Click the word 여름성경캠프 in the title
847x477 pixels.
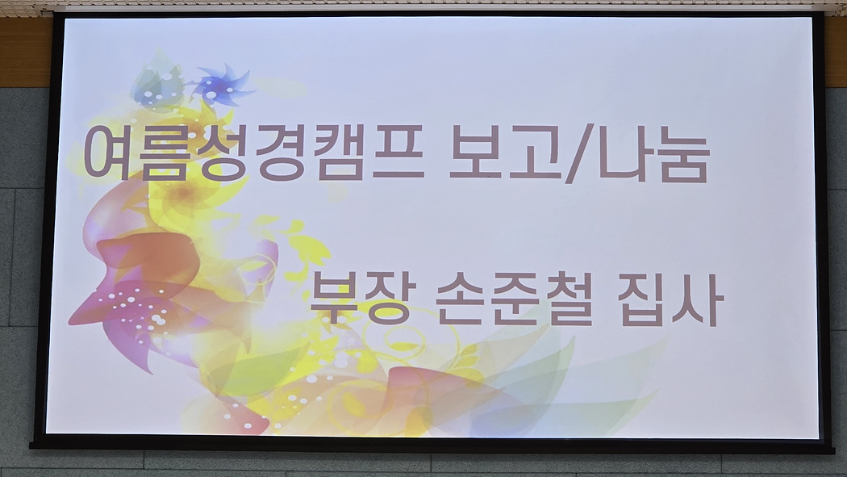pyautogui.click(x=254, y=153)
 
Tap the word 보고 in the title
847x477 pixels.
pyautogui.click(x=506, y=153)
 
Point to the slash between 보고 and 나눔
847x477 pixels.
pyautogui.click(x=580, y=153)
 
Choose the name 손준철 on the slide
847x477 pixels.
pyautogui.click(x=515, y=299)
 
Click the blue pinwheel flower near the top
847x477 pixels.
pyautogui.click(x=223, y=86)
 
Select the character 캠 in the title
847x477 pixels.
pyautogui.click(x=340, y=153)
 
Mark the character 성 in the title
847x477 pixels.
pyautogui.click(x=224, y=153)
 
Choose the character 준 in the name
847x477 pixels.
pyautogui.click(x=515, y=299)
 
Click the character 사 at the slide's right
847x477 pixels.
pyautogui.click(x=699, y=299)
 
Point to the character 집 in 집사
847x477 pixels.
pyautogui.click(x=642, y=299)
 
